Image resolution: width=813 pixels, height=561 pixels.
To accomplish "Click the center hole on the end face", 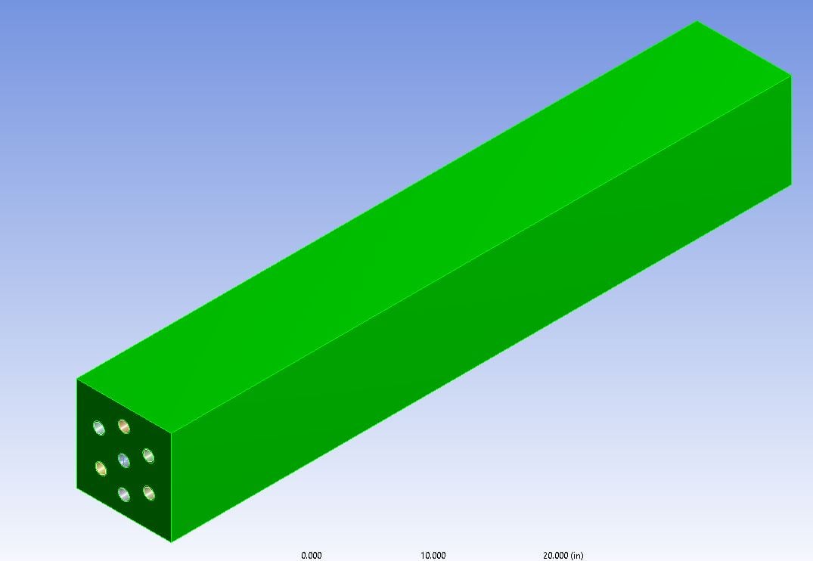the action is pyautogui.click(x=123, y=460).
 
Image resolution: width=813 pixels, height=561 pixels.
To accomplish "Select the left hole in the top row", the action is pyautogui.click(x=98, y=428).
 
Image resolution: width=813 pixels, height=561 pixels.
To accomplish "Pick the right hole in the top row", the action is pyautogui.click(x=123, y=426).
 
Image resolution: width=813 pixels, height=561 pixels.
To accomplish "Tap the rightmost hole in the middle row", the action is pyautogui.click(x=148, y=456).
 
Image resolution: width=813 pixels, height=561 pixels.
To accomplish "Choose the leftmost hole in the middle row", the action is pyautogui.click(x=101, y=468).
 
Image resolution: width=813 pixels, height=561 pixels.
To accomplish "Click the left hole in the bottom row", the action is pyautogui.click(x=124, y=494).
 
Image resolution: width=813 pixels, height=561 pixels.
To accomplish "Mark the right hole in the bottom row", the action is pyautogui.click(x=149, y=493).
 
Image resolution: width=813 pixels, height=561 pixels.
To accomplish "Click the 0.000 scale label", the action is pyautogui.click(x=311, y=555).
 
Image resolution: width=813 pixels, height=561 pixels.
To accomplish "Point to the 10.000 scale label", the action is pyautogui.click(x=433, y=555).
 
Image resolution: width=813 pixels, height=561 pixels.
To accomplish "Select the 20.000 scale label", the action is pyautogui.click(x=555, y=555).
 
